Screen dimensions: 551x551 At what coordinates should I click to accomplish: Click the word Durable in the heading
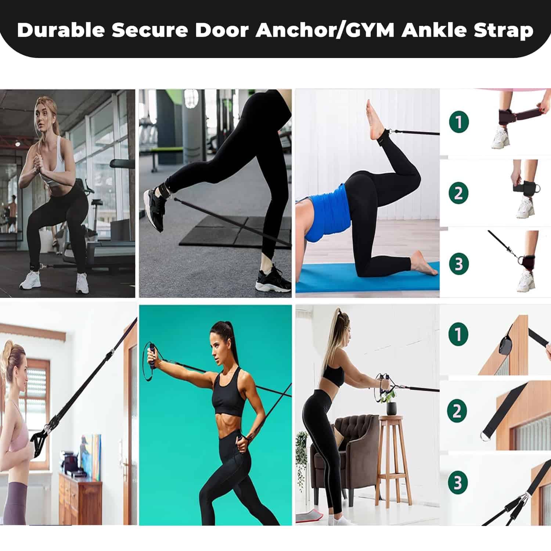point(61,30)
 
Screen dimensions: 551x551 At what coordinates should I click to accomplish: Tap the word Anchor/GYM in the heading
point(325,30)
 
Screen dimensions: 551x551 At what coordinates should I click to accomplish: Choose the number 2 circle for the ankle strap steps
point(458,193)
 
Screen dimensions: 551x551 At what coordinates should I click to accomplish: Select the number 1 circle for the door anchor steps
point(458,334)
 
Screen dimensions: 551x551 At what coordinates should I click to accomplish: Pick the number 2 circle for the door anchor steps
point(458,411)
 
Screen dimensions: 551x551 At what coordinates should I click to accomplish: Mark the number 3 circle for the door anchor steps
point(458,483)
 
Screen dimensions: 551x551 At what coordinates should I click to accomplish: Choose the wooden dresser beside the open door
point(80,500)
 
